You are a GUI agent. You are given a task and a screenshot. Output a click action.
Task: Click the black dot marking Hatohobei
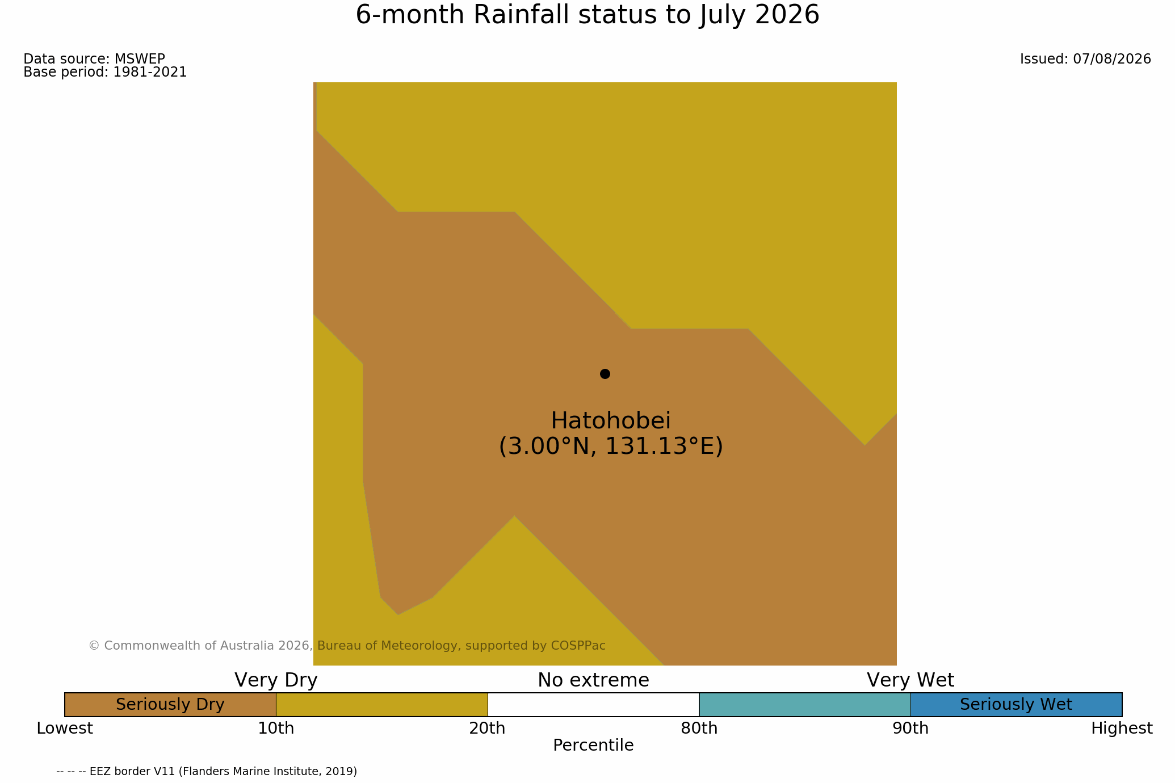click(605, 374)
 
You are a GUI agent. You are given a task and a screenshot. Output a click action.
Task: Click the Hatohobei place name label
click(611, 421)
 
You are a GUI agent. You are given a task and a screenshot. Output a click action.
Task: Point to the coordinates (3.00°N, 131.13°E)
click(611, 447)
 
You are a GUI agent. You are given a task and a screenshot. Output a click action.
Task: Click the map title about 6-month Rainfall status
click(587, 15)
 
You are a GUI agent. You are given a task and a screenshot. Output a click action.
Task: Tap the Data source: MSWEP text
click(94, 59)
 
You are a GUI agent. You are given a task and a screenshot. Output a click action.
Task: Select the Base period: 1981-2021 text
click(105, 73)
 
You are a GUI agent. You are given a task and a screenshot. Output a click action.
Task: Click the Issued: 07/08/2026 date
click(1085, 59)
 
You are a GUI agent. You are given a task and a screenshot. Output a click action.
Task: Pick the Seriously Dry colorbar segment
click(170, 705)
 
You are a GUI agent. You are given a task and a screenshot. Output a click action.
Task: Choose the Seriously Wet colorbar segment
click(1016, 705)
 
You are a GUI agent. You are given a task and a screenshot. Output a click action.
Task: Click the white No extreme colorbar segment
click(593, 705)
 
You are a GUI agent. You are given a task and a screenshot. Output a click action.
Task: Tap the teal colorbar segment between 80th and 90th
click(805, 705)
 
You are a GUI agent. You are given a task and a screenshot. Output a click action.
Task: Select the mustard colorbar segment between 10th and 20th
click(382, 705)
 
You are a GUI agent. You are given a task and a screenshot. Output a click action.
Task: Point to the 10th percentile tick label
click(276, 729)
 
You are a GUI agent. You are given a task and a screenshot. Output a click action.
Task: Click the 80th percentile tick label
click(699, 729)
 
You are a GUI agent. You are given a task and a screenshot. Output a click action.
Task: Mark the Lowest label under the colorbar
click(65, 729)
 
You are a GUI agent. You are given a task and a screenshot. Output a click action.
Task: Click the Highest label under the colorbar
click(1122, 729)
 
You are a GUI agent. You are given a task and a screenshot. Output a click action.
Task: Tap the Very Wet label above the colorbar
click(910, 680)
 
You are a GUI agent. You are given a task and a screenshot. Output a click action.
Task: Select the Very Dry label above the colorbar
click(276, 680)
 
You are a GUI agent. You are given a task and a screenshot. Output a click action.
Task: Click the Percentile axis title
click(593, 746)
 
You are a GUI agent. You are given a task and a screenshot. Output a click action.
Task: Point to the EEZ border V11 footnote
click(207, 772)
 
